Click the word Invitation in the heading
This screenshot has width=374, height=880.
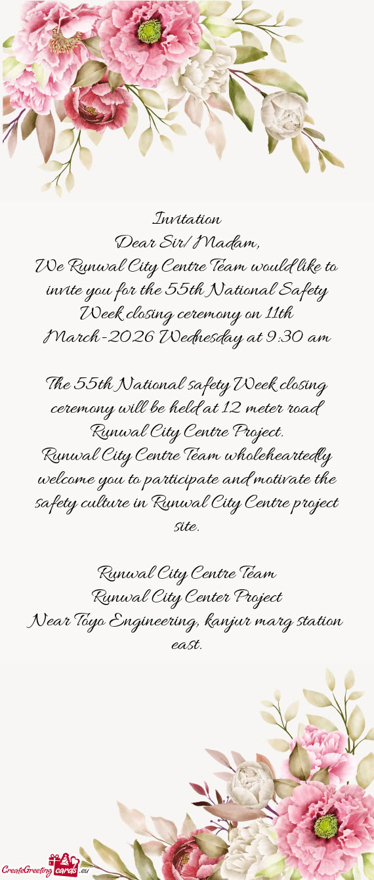pos(187,218)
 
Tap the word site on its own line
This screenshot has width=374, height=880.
pos(186,526)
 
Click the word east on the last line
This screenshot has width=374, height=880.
pos(186,644)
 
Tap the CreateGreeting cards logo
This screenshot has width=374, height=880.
pos(45,868)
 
